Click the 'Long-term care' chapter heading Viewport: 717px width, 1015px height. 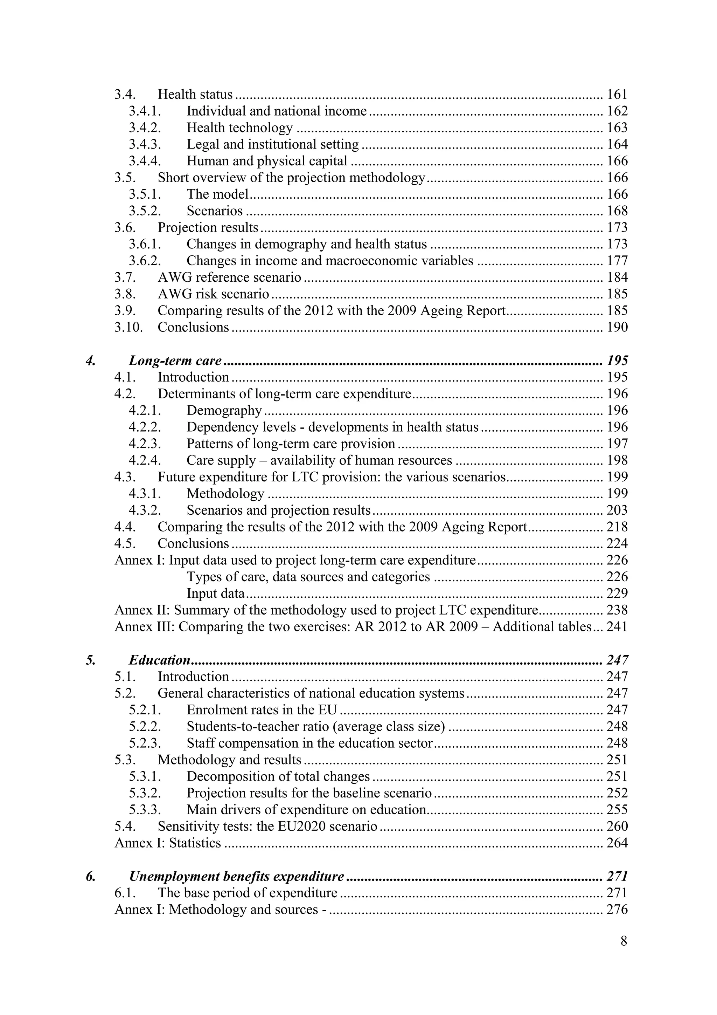175,361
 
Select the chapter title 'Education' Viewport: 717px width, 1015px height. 160,660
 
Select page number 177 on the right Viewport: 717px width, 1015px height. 617,261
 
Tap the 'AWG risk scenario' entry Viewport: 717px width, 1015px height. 213,294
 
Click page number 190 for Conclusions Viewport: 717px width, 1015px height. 617,328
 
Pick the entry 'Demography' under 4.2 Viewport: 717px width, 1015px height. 224,411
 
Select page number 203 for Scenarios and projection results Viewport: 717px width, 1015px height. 617,510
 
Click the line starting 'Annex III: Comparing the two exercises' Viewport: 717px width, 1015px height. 353,627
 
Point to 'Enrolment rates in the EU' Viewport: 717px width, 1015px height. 262,710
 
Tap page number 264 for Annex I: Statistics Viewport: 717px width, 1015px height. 617,843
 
